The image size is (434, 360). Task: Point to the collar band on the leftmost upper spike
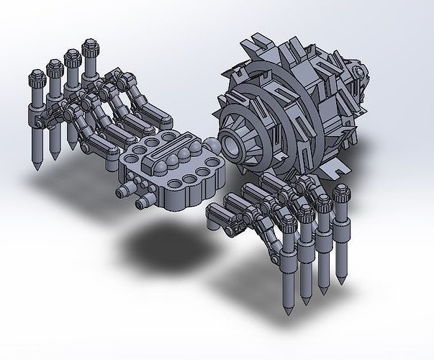(x=35, y=114)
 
